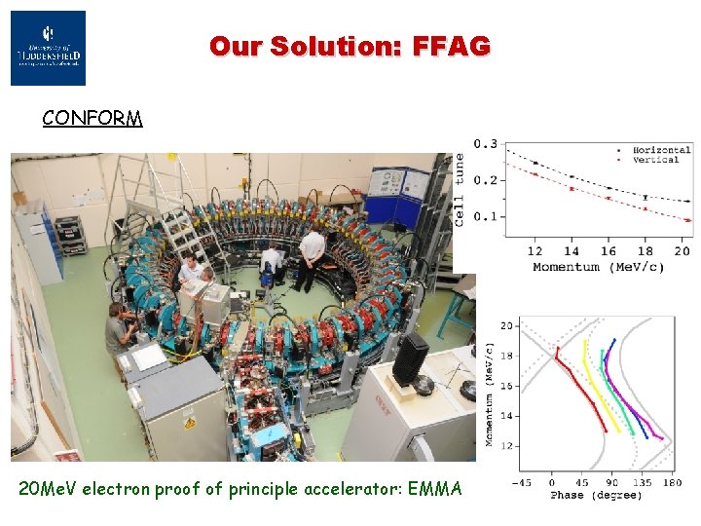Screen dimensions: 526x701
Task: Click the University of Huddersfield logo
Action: (x=48, y=49)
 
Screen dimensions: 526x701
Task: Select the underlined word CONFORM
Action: (x=92, y=119)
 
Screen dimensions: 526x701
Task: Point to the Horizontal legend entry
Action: (x=661, y=150)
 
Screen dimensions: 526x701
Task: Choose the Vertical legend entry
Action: (x=656, y=160)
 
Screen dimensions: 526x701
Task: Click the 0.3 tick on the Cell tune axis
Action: (x=485, y=144)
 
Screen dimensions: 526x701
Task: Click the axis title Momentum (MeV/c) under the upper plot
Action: (x=598, y=267)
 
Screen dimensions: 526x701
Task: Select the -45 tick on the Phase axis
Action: (x=524, y=482)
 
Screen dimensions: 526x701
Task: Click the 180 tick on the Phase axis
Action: (x=670, y=482)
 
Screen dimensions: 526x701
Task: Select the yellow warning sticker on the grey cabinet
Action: (x=190, y=422)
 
